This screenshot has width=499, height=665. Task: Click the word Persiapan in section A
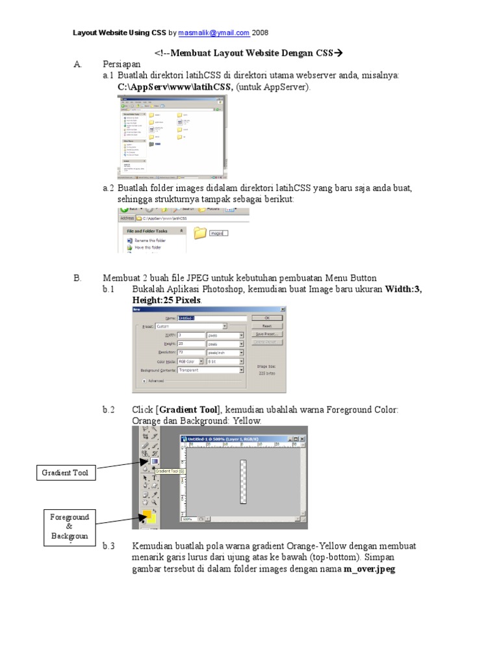(x=122, y=64)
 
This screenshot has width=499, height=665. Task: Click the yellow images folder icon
(x=200, y=232)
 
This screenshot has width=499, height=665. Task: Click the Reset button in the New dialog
(x=266, y=326)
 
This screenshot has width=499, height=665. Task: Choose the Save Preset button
(x=266, y=334)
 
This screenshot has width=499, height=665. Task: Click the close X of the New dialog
(x=283, y=310)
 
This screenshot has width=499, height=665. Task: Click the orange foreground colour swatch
(x=147, y=516)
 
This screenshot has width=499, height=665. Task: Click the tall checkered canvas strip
(x=242, y=481)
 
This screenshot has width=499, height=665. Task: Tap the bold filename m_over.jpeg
(x=370, y=570)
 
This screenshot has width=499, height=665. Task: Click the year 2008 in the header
(x=261, y=32)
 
